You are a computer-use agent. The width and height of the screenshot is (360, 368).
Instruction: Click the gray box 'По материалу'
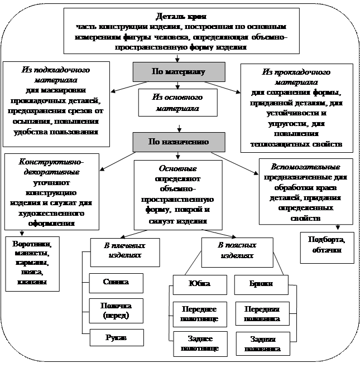click(x=179, y=72)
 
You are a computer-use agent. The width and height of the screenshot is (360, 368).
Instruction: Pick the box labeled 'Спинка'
click(x=116, y=282)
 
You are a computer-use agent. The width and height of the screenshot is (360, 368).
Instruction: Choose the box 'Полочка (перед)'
click(x=116, y=310)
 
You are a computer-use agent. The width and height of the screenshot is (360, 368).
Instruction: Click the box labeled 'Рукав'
click(x=116, y=338)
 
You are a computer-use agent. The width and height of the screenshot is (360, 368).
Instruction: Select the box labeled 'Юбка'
click(x=200, y=284)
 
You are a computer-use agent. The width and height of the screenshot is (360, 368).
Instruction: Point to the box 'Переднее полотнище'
click(x=200, y=314)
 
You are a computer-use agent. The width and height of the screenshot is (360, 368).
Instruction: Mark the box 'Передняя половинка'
click(x=262, y=314)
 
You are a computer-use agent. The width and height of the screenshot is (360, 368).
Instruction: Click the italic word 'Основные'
click(x=177, y=168)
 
